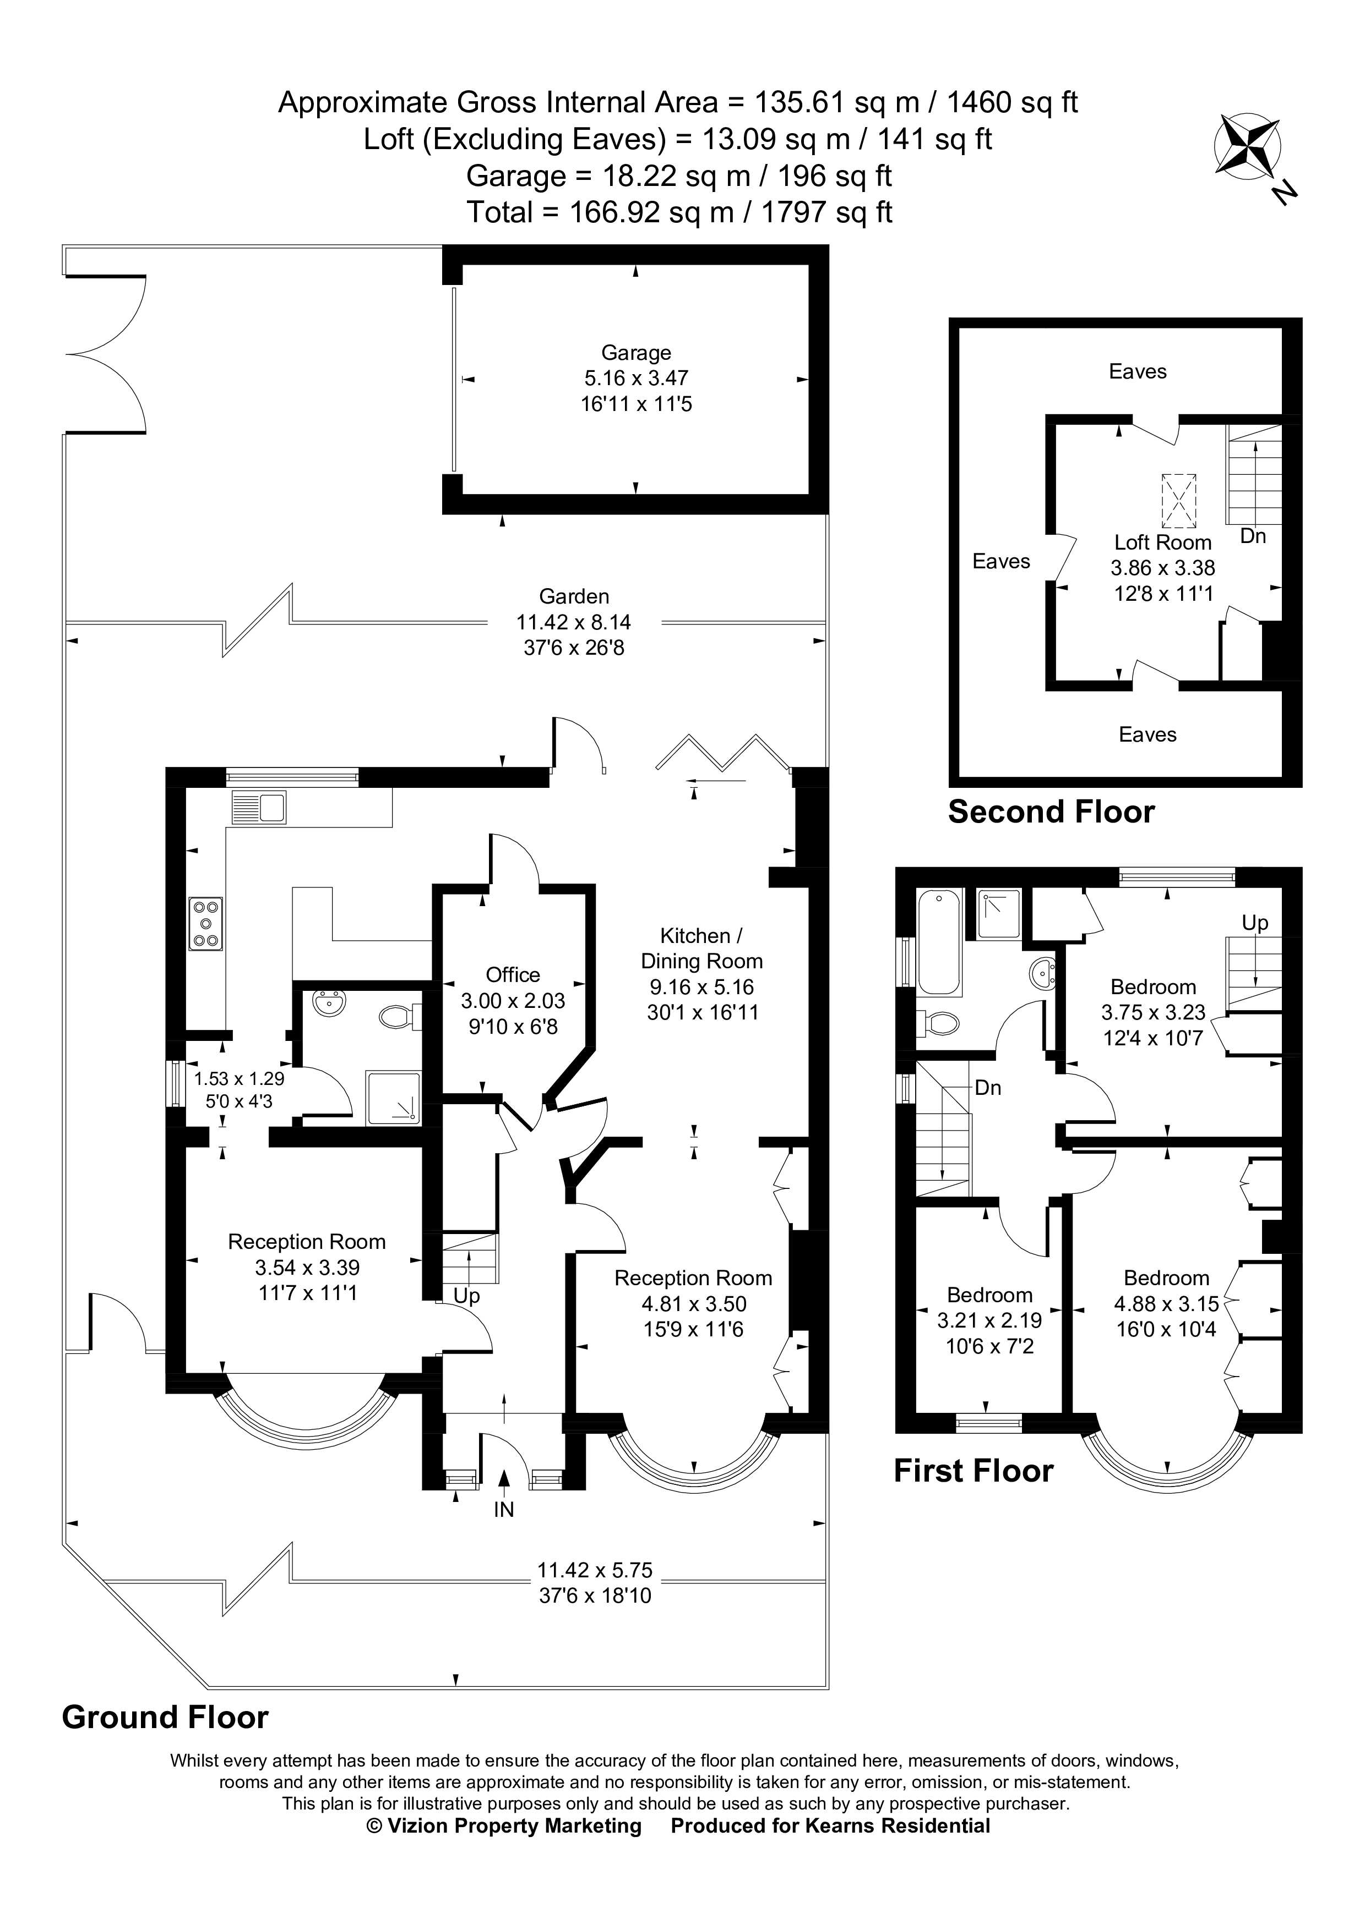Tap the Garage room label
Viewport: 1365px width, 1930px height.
click(x=636, y=353)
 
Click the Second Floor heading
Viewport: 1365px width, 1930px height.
click(x=1051, y=812)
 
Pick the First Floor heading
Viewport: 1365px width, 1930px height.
click(x=972, y=1471)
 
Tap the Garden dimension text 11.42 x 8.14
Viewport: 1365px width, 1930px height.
click(x=574, y=622)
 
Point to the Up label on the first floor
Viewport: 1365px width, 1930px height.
click(x=1255, y=923)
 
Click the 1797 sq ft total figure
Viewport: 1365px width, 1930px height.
click(x=826, y=212)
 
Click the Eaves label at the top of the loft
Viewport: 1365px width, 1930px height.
click(x=1137, y=371)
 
